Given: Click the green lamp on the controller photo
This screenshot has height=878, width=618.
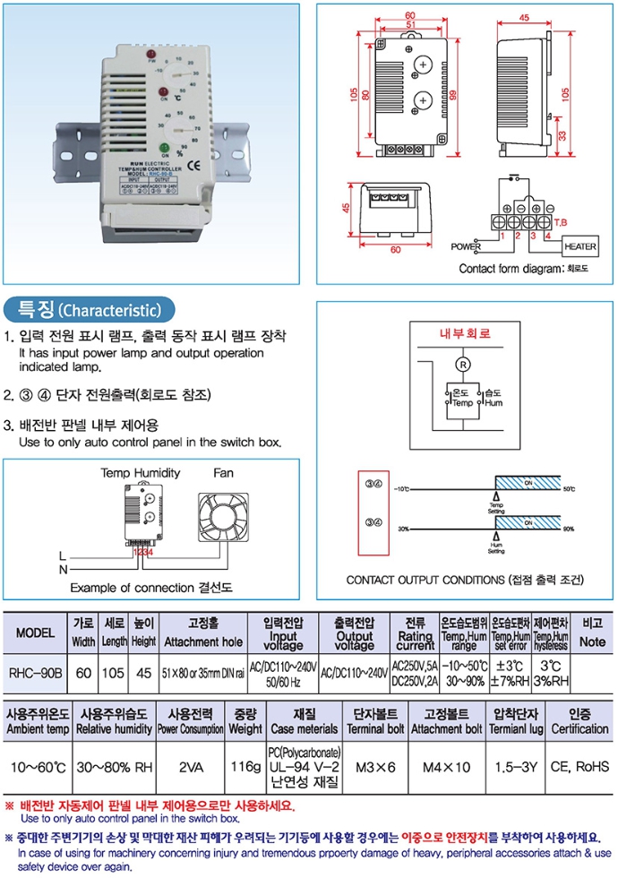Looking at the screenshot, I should coord(166,148).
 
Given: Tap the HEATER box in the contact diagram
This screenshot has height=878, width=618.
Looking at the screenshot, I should coord(579,245).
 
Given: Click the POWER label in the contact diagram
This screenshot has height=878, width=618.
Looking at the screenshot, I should coord(466,245).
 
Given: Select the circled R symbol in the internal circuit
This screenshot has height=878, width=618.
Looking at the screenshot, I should coord(463,364).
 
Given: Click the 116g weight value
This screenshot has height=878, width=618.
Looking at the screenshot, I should coord(245,767).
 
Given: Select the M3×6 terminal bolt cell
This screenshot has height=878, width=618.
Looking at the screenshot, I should coord(374,767).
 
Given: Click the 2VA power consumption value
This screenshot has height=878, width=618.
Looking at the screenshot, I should coord(191,767).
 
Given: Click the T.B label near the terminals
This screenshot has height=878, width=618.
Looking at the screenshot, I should coord(562,221).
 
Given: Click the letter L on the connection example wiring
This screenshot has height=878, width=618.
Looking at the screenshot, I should coord(62,555).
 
